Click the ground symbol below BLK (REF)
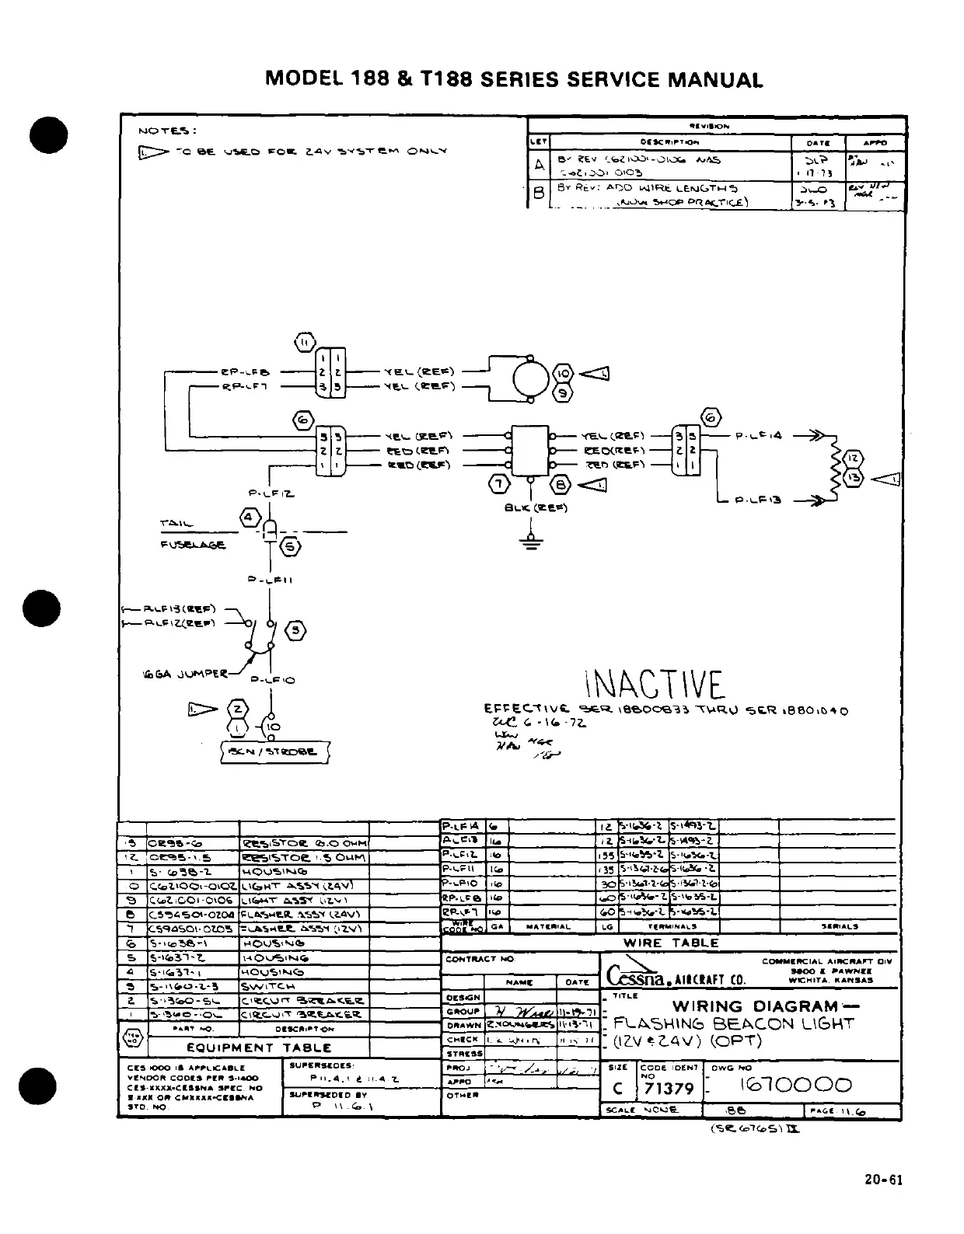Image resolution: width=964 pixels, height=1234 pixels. click(x=532, y=542)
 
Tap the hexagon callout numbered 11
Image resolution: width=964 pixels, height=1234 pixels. click(x=305, y=343)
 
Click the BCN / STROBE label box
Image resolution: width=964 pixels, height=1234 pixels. click(x=274, y=751)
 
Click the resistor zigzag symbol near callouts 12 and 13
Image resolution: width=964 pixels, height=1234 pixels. click(x=836, y=470)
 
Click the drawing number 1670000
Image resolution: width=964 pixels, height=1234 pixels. click(x=800, y=1085)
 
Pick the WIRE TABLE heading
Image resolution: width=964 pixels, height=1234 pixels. click(x=671, y=943)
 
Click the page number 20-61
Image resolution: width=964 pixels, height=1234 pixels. click(x=884, y=1180)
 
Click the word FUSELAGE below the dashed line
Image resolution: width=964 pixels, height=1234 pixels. click(x=192, y=545)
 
